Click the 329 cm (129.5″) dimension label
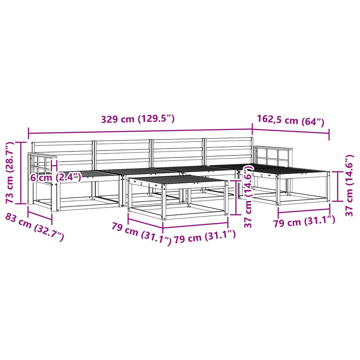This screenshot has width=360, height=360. pyautogui.click(x=138, y=119)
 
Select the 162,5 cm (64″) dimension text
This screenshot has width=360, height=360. pyautogui.click(x=290, y=120)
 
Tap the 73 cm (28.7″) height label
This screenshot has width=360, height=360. pyautogui.click(x=10, y=172)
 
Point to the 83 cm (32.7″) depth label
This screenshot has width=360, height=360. pyautogui.click(x=34, y=227)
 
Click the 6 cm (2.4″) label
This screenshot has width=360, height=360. pyautogui.click(x=56, y=177)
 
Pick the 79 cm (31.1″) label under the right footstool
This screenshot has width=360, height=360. pyautogui.click(x=304, y=221)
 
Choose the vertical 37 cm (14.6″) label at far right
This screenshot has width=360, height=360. pyautogui.click(x=349, y=185)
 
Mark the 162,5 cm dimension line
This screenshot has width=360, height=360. pyautogui.click(x=290, y=131)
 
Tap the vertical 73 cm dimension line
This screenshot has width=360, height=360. pyautogui.click(x=21, y=172)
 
